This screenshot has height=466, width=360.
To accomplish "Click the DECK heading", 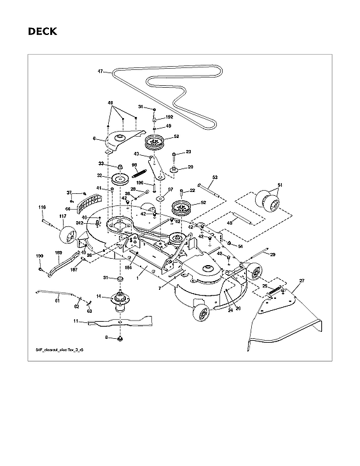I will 42,31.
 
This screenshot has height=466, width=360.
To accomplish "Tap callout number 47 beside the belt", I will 100,72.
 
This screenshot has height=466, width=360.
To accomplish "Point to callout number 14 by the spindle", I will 99,296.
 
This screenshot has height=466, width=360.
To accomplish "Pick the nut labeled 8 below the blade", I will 120,339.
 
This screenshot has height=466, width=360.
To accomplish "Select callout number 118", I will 42,207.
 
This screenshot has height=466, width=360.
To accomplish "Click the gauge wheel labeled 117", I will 66,237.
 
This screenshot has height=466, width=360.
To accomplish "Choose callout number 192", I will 169,117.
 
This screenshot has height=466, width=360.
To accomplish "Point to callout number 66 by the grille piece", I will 67,208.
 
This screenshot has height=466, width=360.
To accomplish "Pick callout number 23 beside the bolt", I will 189,153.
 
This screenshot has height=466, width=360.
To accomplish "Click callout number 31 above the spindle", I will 106,278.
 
